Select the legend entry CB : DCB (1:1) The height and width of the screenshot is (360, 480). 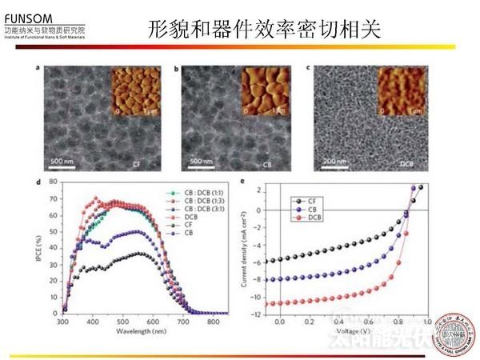[x=206, y=194]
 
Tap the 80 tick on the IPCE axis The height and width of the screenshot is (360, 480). [x=53, y=182]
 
